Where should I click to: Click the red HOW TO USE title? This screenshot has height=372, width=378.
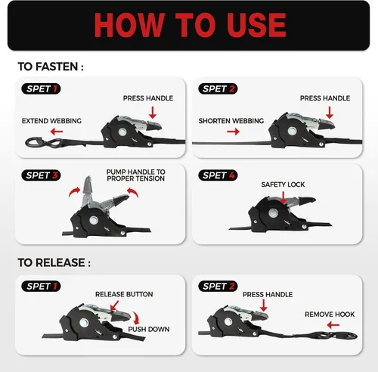pyautogui.click(x=191, y=25)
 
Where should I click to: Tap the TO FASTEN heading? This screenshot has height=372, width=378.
pyautogui.click(x=51, y=67)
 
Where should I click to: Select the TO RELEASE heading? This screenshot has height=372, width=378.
pyautogui.click(x=54, y=262)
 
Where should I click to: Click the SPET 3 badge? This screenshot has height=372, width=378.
pyautogui.click(x=41, y=175)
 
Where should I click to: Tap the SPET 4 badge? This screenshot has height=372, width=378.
pyautogui.click(x=218, y=175)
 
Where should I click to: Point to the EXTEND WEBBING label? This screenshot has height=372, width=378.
pyautogui.click(x=51, y=121)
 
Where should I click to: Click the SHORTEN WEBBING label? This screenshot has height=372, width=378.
pyautogui.click(x=231, y=121)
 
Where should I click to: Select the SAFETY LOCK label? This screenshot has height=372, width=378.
pyautogui.click(x=283, y=184)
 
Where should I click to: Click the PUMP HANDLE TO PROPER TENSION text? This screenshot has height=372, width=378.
pyautogui.click(x=136, y=175)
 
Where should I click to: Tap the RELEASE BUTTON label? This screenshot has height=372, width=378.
pyautogui.click(x=124, y=294)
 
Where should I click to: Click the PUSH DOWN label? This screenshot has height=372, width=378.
pyautogui.click(x=149, y=330)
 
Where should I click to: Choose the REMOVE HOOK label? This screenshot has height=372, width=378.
pyautogui.click(x=330, y=315)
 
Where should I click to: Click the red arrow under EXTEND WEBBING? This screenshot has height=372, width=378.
pyautogui.click(x=57, y=132)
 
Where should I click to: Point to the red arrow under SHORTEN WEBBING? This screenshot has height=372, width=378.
pyautogui.click(x=233, y=132)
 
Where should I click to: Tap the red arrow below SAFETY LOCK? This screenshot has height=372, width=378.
pyautogui.click(x=283, y=198)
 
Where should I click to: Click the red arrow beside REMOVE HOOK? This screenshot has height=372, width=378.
pyautogui.click(x=333, y=325)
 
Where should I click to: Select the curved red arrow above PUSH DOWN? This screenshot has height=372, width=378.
pyautogui.click(x=136, y=318)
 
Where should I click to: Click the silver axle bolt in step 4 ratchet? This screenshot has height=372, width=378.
pyautogui.click(x=273, y=213)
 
